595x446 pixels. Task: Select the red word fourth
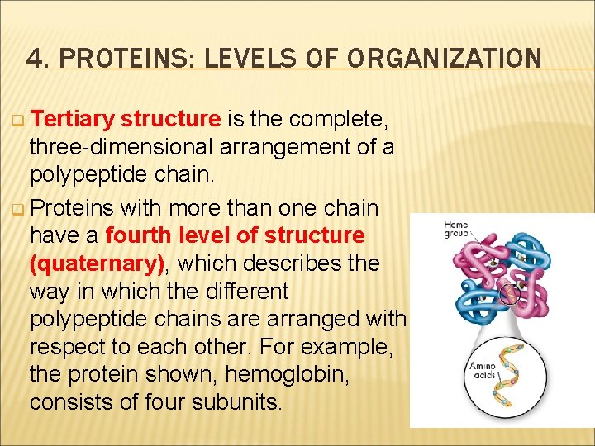click(x=138, y=235)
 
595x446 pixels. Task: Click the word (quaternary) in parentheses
click(x=98, y=263)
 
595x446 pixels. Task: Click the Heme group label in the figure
click(x=455, y=229)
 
